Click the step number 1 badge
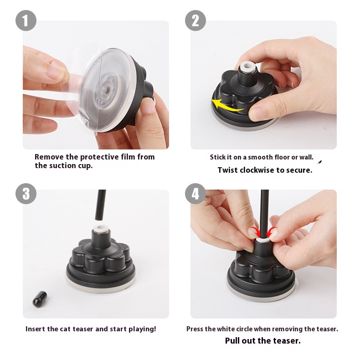pyautogui.click(x=26, y=21)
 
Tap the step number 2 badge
pyautogui.click(x=195, y=21)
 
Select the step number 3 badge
pyautogui.click(x=26, y=194)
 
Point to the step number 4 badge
pyautogui.click(x=195, y=194)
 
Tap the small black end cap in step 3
pyautogui.click(x=40, y=299)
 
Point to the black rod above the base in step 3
pyautogui.click(x=101, y=204)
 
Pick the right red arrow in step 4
pyautogui.click(x=271, y=232)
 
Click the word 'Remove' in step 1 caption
pyautogui.click(x=49, y=157)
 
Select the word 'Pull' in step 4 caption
pyautogui.click(x=232, y=341)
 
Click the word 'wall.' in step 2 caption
pyautogui.click(x=306, y=157)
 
